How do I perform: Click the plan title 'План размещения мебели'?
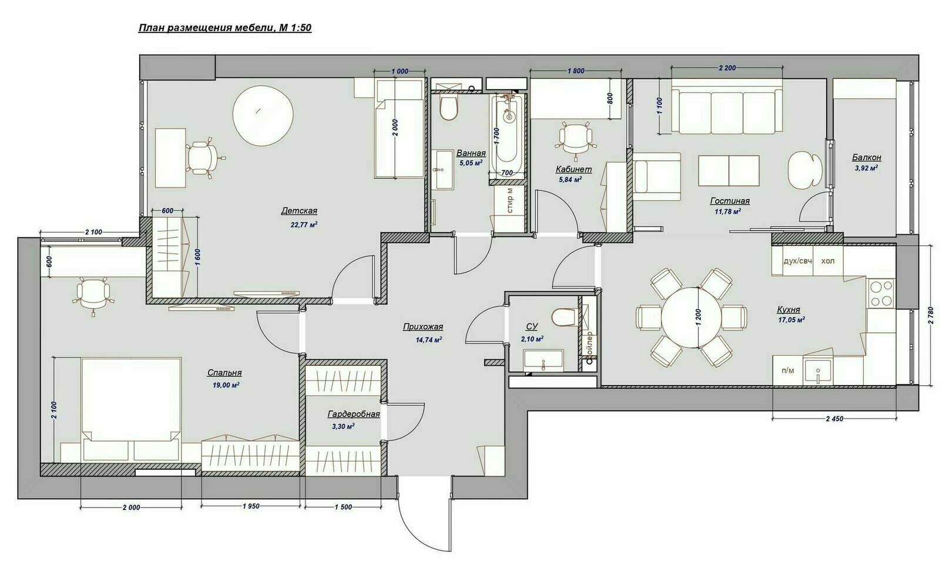pos(206,28)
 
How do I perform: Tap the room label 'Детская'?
pos(299,211)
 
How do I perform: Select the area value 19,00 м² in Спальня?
pos(226,385)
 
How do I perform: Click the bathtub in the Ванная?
pos(508,134)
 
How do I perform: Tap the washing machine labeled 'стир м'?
pos(509,201)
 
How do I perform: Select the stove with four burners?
pos(881,294)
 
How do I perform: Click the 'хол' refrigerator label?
pos(828,261)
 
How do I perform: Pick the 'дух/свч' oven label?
pos(798,261)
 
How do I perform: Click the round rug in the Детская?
pos(263,115)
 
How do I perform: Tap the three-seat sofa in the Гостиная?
pos(727,111)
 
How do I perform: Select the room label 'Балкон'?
pos(867,157)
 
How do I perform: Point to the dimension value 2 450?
pos(834,418)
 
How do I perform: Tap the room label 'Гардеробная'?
pos(354,414)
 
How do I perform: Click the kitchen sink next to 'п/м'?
pos(818,371)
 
